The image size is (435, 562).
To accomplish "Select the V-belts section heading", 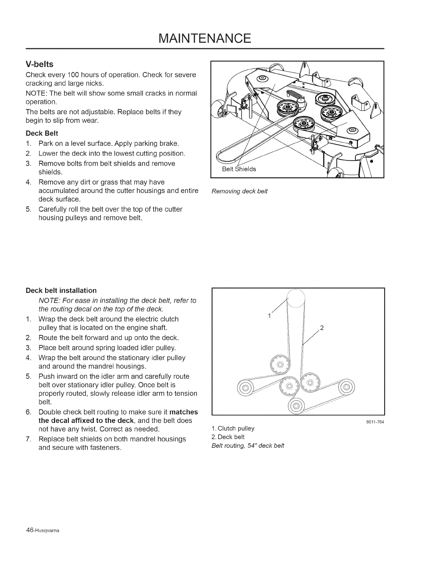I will pyautogui.click(x=39, y=65).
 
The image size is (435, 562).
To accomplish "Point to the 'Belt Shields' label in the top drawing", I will pyautogui.click(x=239, y=169).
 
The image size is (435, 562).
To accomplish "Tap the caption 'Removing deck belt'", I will pyautogui.click(x=239, y=192).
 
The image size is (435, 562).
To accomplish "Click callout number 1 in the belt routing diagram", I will pyautogui.click(x=270, y=315).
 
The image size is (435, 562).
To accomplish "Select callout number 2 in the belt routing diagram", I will pyautogui.click(x=322, y=327).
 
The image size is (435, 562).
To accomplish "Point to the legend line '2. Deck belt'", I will pyautogui.click(x=228, y=437).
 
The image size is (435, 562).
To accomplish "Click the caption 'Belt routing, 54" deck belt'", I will pyautogui.click(x=248, y=446).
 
